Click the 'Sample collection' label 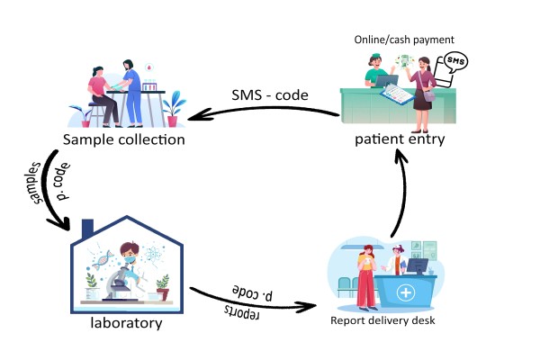tap(124, 139)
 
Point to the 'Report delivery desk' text tap(382, 320)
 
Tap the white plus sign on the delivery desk tap(407, 293)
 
